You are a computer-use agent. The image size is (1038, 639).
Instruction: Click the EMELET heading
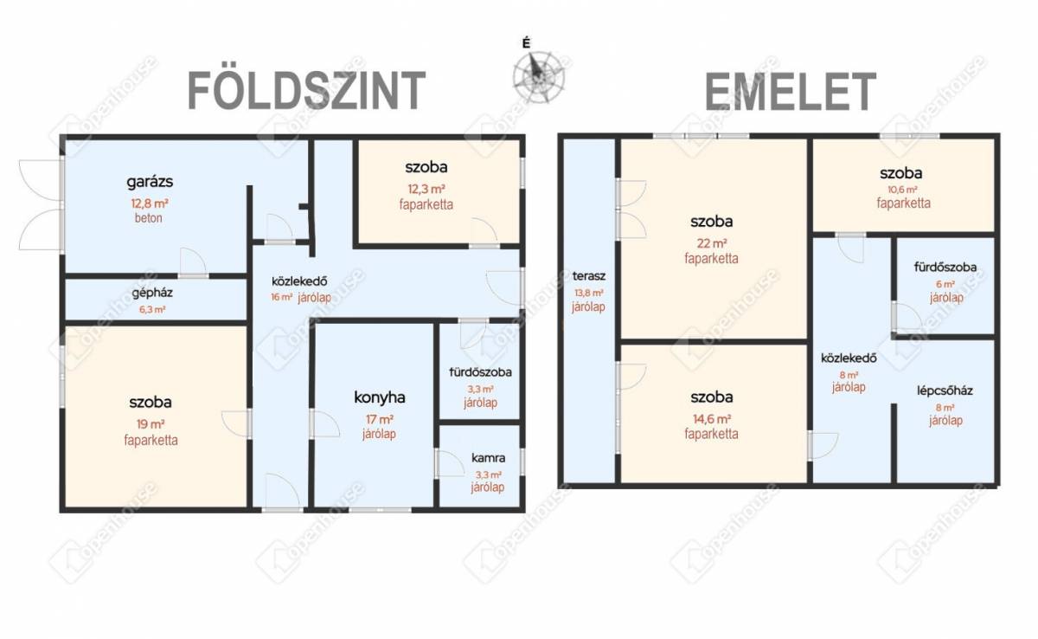click(x=790, y=92)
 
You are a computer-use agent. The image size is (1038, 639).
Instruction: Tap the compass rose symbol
click(x=539, y=77)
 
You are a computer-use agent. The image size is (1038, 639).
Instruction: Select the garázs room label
click(x=150, y=181)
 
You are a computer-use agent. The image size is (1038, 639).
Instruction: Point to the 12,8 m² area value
click(x=149, y=203)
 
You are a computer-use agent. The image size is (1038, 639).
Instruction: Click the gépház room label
click(x=152, y=293)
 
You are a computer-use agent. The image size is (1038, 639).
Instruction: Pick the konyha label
click(x=380, y=397)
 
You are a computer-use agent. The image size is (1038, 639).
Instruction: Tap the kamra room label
click(x=489, y=458)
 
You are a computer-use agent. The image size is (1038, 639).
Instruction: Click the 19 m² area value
click(x=151, y=424)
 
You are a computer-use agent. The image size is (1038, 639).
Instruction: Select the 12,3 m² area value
click(x=426, y=189)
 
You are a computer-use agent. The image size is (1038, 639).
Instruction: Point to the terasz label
click(x=589, y=276)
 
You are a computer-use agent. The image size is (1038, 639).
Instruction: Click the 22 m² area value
click(x=712, y=243)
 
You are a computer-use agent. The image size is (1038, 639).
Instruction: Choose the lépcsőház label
click(x=945, y=390)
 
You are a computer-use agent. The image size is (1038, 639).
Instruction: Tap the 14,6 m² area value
click(x=712, y=419)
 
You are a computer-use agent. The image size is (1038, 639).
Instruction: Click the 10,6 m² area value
click(x=903, y=190)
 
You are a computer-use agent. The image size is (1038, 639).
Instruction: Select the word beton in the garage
click(x=148, y=218)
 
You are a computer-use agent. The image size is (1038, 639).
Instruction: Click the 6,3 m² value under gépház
click(x=152, y=309)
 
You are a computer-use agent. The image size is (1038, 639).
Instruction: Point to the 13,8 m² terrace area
click(x=589, y=293)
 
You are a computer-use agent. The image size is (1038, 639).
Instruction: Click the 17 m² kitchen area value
click(x=380, y=419)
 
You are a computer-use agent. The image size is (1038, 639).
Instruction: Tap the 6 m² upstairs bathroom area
click(x=945, y=284)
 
